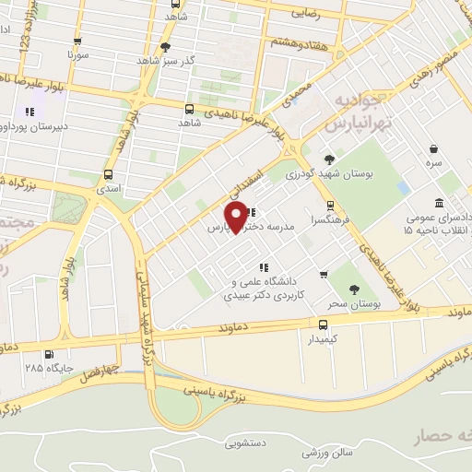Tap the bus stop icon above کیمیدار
click(x=323, y=324)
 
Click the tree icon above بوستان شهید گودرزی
click(x=329, y=159)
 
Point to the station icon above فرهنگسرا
click(x=330, y=206)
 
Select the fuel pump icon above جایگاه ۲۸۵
click(x=48, y=353)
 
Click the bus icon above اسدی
click(x=109, y=174)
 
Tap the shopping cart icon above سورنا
click(x=77, y=41)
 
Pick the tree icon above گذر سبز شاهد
click(x=165, y=46)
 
